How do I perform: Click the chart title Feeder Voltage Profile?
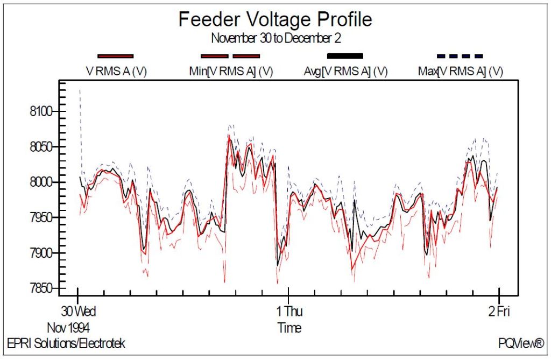click(x=275, y=20)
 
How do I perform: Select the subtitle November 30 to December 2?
click(x=275, y=38)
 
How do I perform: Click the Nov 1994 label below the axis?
click(x=68, y=328)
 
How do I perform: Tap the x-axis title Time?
click(x=289, y=328)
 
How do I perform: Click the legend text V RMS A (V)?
click(x=117, y=71)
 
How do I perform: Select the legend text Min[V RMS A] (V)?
click(x=231, y=71)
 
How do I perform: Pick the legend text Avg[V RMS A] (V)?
click(x=346, y=71)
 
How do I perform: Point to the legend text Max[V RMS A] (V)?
click(x=461, y=71)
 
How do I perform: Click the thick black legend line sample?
click(x=345, y=55)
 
